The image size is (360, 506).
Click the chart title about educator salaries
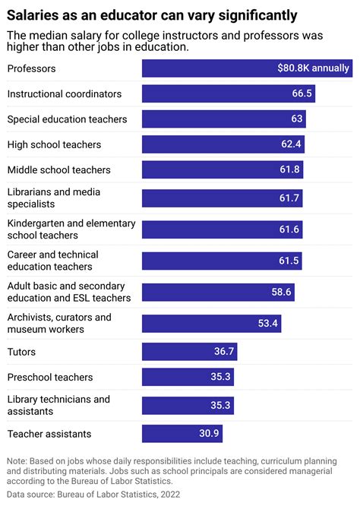point(152,15)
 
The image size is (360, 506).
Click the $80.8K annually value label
point(312,68)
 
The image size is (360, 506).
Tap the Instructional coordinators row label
point(65,93)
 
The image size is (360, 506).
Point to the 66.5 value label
point(302,93)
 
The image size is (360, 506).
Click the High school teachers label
point(54,144)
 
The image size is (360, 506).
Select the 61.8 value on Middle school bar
point(290,170)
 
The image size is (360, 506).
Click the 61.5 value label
point(289,261)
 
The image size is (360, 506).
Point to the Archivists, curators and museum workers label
point(59,323)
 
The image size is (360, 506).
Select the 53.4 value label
point(268,324)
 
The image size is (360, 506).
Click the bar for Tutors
point(191,352)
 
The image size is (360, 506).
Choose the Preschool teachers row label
point(50,378)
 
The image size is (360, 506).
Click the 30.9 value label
point(209,434)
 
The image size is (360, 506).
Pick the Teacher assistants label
point(49,434)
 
